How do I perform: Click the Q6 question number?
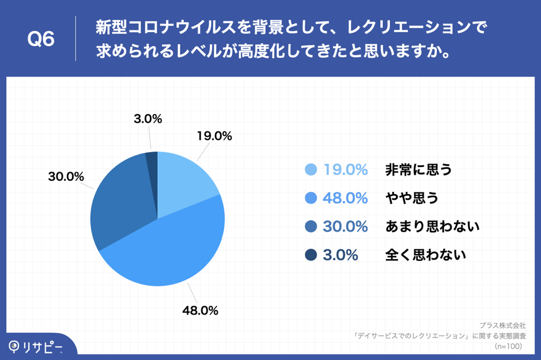tap(41, 40)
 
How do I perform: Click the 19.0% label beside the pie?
tap(214, 137)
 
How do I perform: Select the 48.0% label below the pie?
tap(200, 310)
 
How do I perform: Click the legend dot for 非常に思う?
tap(311, 170)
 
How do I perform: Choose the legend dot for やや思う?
tap(311, 198)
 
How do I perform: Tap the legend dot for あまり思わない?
tap(311, 226)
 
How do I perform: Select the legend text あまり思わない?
tap(432, 226)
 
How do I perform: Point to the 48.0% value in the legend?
tap(345, 198)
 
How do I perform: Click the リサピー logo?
tap(36, 346)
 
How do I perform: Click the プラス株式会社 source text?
tap(502, 325)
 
